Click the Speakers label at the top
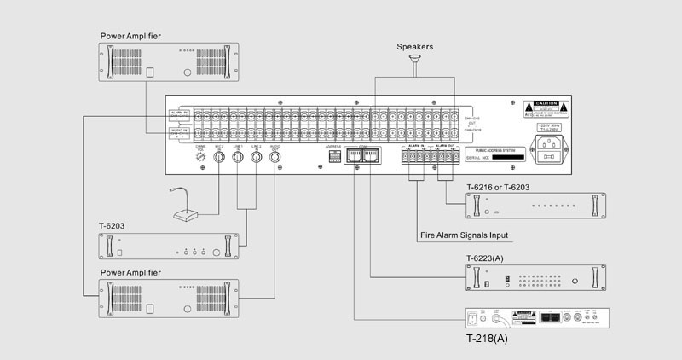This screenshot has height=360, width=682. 415,47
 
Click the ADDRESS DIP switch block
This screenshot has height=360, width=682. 333,160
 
